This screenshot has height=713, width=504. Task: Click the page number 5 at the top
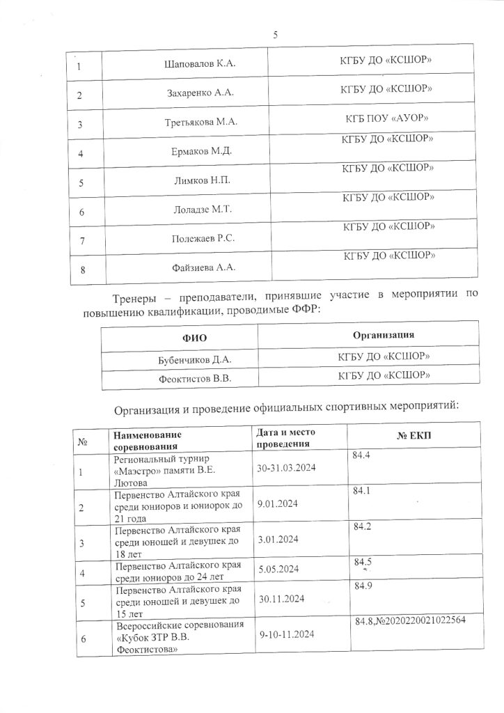coord(276,36)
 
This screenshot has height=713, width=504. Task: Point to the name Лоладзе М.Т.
coord(205,210)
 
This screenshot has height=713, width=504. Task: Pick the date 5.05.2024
coord(278,569)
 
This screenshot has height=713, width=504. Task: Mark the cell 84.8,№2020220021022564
coord(410,620)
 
